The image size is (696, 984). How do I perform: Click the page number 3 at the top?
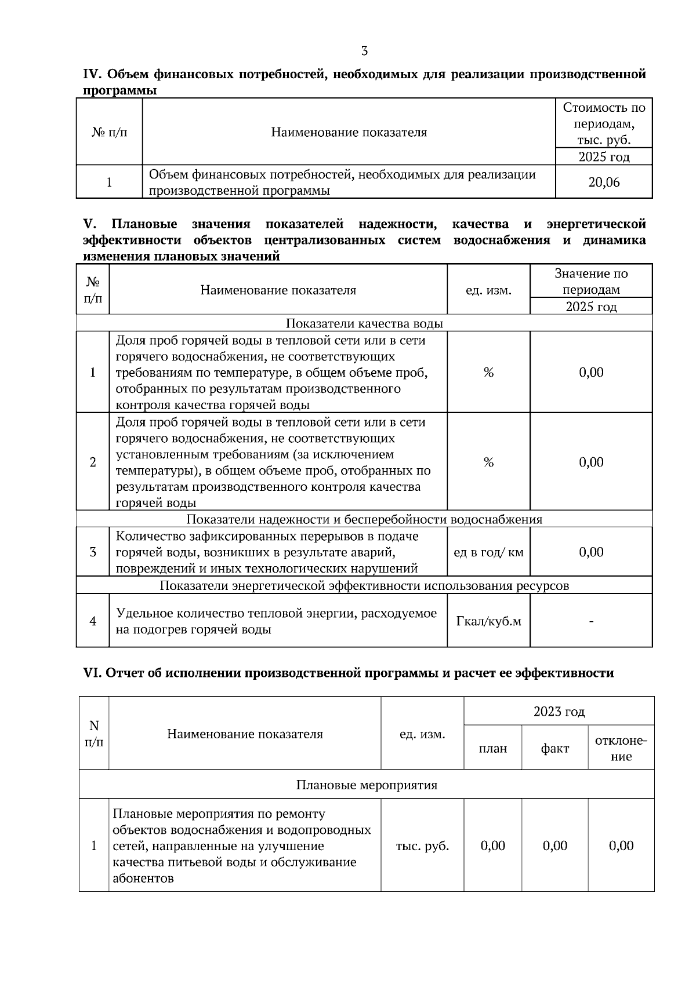[x=364, y=51]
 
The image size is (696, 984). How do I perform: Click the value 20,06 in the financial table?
[x=604, y=183]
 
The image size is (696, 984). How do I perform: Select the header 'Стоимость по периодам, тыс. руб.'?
[x=604, y=123]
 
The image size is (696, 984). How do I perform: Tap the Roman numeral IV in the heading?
[x=92, y=74]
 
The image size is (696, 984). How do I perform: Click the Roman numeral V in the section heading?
[x=89, y=224]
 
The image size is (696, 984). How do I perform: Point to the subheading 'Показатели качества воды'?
[x=364, y=323]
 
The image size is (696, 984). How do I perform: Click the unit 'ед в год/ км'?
[x=488, y=552]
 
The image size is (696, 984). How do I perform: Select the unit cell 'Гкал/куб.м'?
[x=488, y=621]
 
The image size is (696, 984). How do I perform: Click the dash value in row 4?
[x=591, y=621]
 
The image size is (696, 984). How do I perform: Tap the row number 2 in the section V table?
[x=93, y=462]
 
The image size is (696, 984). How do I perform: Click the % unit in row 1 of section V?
[x=488, y=372]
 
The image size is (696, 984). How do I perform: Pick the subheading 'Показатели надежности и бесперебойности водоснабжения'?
[x=364, y=519]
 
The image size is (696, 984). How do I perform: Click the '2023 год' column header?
[x=559, y=711]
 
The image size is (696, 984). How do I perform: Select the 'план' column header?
[x=493, y=748]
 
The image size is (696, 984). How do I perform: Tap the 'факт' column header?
[x=555, y=748]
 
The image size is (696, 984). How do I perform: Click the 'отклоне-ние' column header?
[x=621, y=748]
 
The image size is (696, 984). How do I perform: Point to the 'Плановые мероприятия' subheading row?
[x=367, y=785]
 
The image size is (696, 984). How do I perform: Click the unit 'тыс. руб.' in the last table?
[x=422, y=845]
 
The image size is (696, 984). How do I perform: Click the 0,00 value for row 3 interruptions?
[x=591, y=552]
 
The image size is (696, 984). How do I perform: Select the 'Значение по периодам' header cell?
[x=591, y=281]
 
